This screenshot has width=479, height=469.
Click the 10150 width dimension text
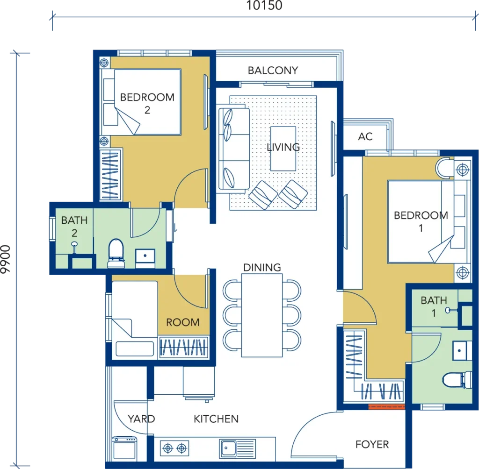(x=264, y=6)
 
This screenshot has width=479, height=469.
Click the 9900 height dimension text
(x=6, y=259)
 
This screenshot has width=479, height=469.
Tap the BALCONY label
(x=273, y=71)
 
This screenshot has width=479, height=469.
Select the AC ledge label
(x=365, y=136)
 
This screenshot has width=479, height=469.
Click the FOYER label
(x=372, y=444)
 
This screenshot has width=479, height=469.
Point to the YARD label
(x=141, y=419)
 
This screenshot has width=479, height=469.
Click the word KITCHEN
(x=216, y=419)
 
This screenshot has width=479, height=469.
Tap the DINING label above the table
(x=262, y=267)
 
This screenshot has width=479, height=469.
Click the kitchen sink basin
(x=228, y=448)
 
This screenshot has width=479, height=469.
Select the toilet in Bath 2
(x=116, y=253)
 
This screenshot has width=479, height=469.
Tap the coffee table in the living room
(x=283, y=149)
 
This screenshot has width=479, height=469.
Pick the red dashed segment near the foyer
(x=386, y=407)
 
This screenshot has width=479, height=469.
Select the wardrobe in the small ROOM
(x=183, y=347)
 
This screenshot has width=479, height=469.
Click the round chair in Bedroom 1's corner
(x=444, y=168)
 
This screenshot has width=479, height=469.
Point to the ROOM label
(x=183, y=322)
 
